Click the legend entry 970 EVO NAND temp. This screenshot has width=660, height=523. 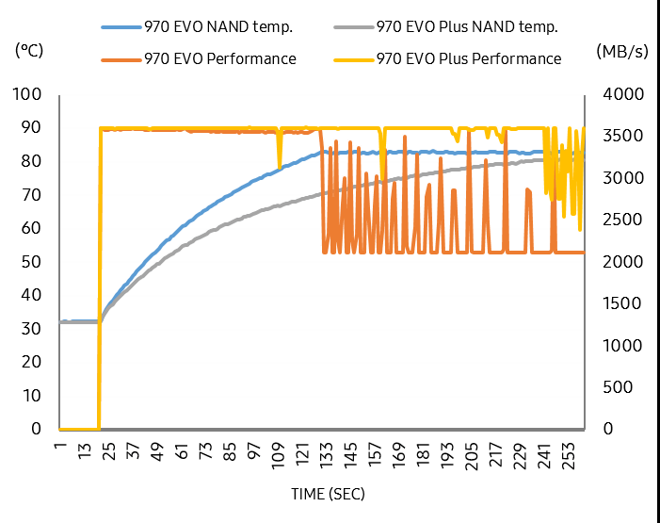pos(225,27)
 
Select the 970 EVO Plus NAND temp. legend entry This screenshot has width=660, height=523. pos(461,27)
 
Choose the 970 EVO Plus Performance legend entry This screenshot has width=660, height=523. pos(468,58)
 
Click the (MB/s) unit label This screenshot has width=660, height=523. pos(620,51)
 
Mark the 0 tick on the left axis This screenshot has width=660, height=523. pos(37,429)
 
